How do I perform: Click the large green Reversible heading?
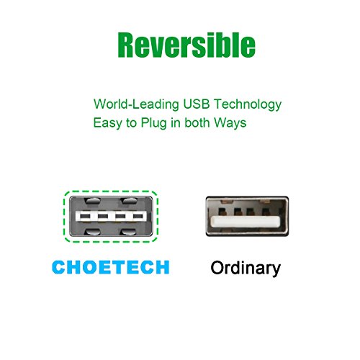[x=186, y=45]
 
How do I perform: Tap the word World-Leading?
[x=136, y=104]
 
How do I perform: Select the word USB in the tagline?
[x=197, y=104]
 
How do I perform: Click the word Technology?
[x=248, y=105]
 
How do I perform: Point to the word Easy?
[x=107, y=123]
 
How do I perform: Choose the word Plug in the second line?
[x=153, y=123]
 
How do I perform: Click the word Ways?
[x=230, y=123]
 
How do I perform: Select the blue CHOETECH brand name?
[x=111, y=267]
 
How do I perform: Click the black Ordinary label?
[x=246, y=268]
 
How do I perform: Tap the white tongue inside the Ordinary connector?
[x=245, y=222]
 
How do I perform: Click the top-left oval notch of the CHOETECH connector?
[x=94, y=201]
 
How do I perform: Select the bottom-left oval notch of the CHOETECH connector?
[x=94, y=232]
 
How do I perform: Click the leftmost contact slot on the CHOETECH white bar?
[x=85, y=217]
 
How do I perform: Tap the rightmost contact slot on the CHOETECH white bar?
[x=138, y=217]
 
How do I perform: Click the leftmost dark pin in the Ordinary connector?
[x=222, y=212]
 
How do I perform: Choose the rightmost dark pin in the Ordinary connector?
[x=266, y=212]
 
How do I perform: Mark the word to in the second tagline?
[x=131, y=123]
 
